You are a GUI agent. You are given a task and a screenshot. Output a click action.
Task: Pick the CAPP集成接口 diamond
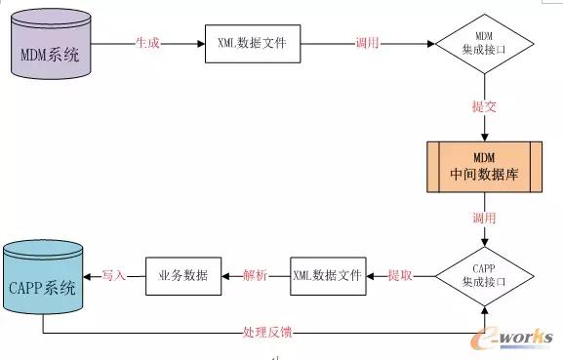point(485,276)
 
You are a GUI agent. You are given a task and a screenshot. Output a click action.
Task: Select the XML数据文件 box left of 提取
point(327,276)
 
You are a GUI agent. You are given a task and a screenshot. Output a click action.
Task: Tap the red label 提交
point(485,106)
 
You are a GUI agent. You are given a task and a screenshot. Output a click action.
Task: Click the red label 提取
point(400,276)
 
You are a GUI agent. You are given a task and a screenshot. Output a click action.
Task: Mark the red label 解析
point(257,276)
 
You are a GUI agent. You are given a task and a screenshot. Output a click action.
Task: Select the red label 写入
point(114,276)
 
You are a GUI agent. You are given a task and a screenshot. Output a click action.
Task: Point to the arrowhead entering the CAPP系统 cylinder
point(90,276)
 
